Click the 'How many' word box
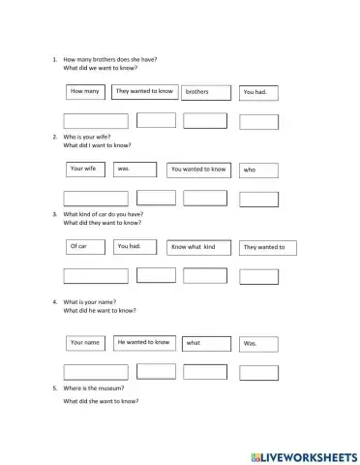pyautogui.click(x=86, y=92)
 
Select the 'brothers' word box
pyautogui.click(x=206, y=93)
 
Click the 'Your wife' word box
pyautogui.click(x=85, y=169)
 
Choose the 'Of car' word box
pyautogui.click(x=85, y=247)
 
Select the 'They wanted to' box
pyautogui.click(x=264, y=248)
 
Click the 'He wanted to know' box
pyautogui.click(x=143, y=342)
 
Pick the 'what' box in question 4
pyautogui.click(x=206, y=343)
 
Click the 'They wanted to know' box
pyautogui.click(x=143, y=92)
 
